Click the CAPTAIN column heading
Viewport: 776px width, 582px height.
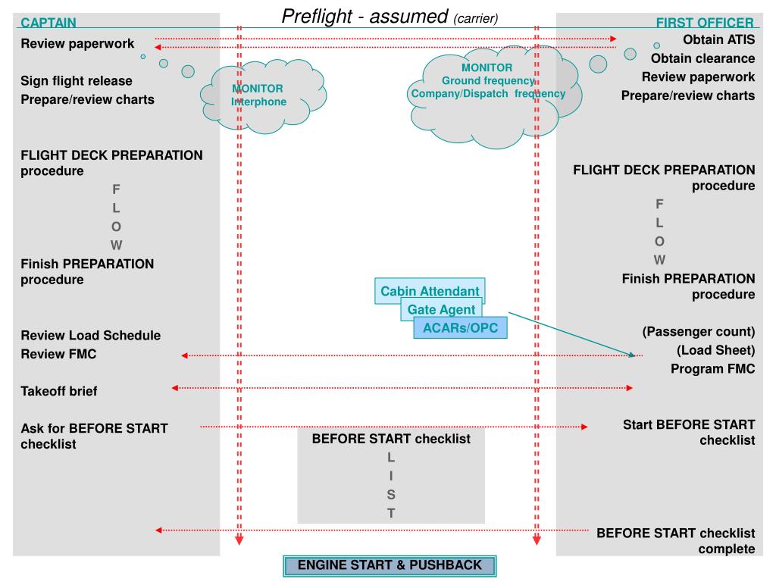[x=48, y=23]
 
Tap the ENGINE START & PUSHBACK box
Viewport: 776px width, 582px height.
[x=390, y=565]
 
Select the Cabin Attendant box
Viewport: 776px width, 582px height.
[x=430, y=291]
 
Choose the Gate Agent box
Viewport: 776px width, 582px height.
[x=441, y=309]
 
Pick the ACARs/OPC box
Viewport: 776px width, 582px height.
[x=460, y=327]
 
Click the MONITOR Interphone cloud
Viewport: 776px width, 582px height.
[x=258, y=95]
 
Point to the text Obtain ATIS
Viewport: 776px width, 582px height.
[x=718, y=39]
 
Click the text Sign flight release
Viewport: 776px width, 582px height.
[x=77, y=80]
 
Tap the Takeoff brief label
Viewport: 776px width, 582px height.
[x=59, y=391]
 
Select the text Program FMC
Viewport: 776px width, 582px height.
[x=712, y=368]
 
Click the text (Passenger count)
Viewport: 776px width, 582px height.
[x=698, y=331]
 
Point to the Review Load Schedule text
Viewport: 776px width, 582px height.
[x=91, y=335]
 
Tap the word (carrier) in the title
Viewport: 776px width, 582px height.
[x=476, y=18]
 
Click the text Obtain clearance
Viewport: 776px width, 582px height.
[x=702, y=58]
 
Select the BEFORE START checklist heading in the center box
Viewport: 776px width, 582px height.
[x=391, y=439]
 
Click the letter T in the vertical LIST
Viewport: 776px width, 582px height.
[x=391, y=513]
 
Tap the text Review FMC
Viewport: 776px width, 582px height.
[x=58, y=354]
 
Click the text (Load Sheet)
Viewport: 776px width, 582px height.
[x=716, y=350]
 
